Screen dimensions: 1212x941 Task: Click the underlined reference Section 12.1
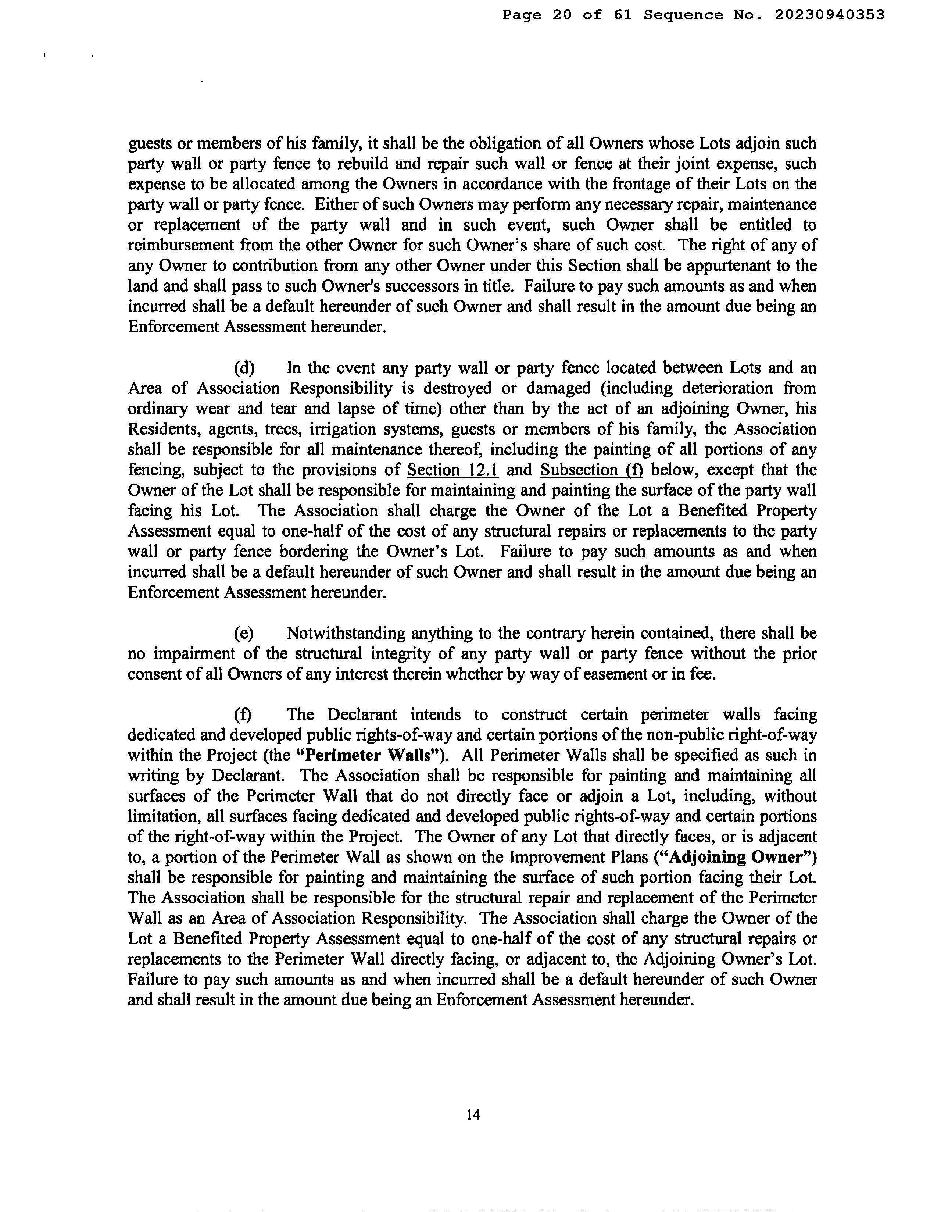453,470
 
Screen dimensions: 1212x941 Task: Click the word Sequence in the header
684,15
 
